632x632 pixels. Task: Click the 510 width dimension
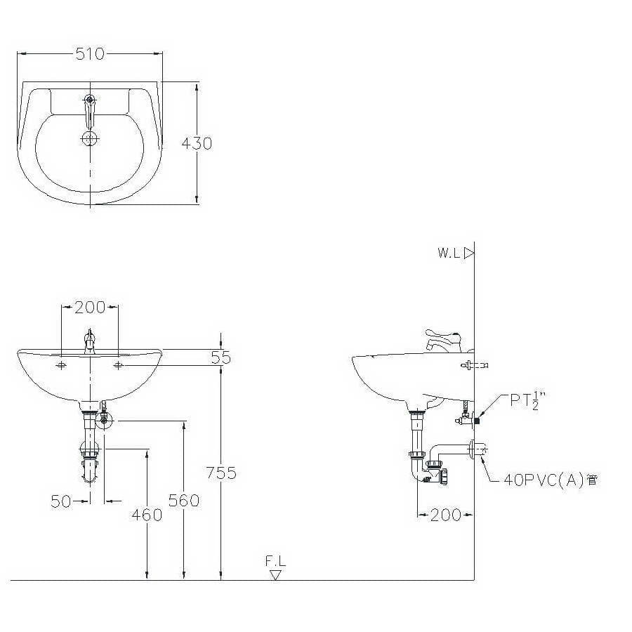90,53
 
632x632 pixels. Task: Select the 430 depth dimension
197,143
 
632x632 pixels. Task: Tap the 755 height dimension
221,473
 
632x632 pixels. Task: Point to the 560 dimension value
184,501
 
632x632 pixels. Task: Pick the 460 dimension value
147,515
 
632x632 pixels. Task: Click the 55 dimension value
221,357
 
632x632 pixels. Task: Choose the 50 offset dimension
61,501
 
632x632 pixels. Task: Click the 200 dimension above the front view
90,308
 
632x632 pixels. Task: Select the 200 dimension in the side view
445,515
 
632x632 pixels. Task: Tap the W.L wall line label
449,253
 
